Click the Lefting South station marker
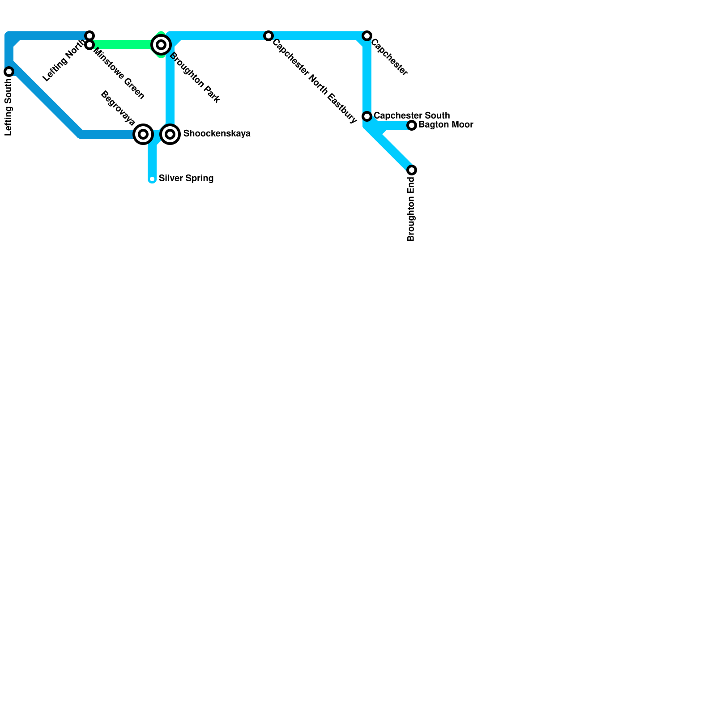pyautogui.click(x=9, y=72)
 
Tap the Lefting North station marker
pyautogui.click(x=89, y=36)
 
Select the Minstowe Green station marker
pyautogui.click(x=89, y=45)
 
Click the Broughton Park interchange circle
pyautogui.click(x=161, y=45)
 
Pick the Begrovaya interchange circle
pyautogui.click(x=143, y=134)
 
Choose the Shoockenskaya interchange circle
pyautogui.click(x=170, y=134)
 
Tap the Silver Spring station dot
pyautogui.click(x=152, y=179)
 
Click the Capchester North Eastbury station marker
pyautogui.click(x=268, y=36)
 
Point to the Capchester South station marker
pyautogui.click(x=367, y=116)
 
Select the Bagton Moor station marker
pyautogui.click(x=412, y=125)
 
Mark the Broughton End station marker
pyautogui.click(x=412, y=170)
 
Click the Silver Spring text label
pyautogui.click(x=186, y=179)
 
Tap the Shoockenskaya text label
pyautogui.click(x=217, y=134)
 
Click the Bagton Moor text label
pyautogui.click(x=446, y=125)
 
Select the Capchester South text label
pyautogui.click(x=412, y=116)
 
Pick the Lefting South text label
pyautogui.click(x=9, y=107)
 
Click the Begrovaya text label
pyautogui.click(x=118, y=108)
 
